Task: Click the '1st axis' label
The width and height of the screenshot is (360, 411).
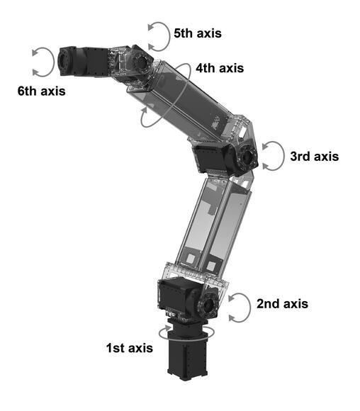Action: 129,348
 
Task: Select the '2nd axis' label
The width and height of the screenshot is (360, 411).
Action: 282,304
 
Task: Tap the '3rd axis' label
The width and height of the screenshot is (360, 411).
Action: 315,157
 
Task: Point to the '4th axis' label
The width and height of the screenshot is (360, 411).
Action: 220,68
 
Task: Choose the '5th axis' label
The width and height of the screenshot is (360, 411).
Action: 198,33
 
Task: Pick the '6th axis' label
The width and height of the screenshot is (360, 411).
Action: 41,91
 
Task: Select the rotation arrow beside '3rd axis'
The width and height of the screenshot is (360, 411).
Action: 283,156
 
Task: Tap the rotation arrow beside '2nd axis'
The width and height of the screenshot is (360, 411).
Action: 250,308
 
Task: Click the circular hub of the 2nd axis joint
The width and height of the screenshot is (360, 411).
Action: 209,305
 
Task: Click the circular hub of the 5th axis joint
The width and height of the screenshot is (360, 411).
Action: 142,62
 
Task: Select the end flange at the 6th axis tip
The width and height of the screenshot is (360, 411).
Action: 64,62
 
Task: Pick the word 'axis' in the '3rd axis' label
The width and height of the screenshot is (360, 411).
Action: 327,157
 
